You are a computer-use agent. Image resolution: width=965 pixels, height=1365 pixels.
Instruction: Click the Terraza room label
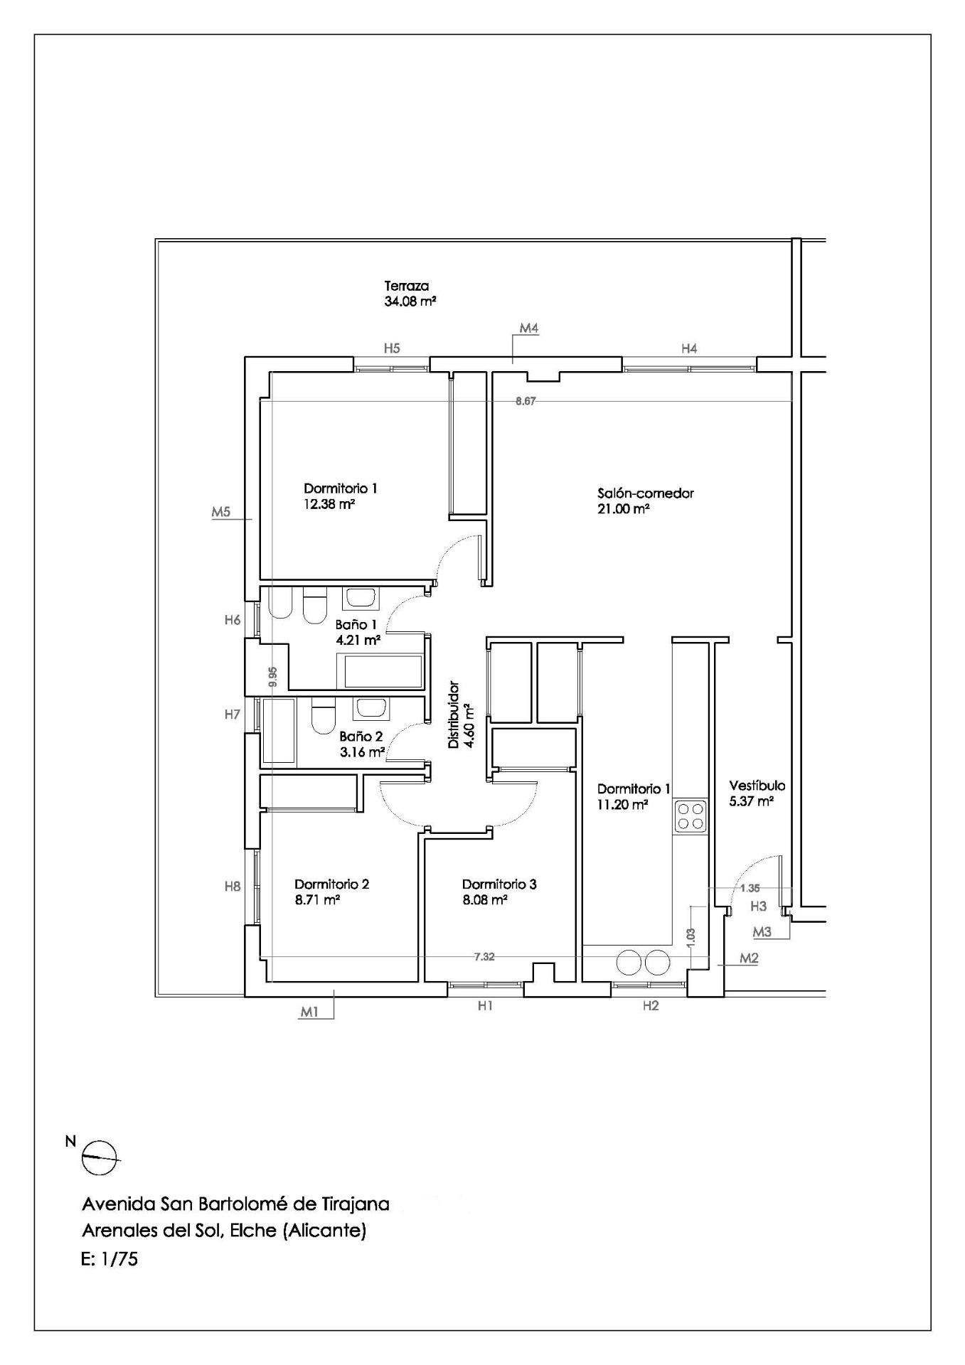coord(407,286)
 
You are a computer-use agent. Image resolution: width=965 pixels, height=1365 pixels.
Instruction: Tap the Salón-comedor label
coord(646,493)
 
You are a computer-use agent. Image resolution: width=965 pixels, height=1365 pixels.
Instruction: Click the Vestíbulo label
coord(757,786)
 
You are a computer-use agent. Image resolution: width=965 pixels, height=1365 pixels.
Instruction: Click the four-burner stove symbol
coord(691,815)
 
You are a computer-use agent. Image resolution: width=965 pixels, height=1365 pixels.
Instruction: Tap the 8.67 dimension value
coord(526,401)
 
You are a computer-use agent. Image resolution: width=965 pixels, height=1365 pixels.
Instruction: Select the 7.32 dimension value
coord(484,957)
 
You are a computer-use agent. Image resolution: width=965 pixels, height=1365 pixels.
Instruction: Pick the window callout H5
coord(392,348)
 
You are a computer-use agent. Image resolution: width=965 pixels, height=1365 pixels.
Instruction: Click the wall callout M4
coord(529,328)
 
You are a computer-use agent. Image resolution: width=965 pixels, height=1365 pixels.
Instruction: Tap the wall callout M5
coord(221,511)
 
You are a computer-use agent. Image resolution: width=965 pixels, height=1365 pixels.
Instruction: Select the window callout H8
coord(233,887)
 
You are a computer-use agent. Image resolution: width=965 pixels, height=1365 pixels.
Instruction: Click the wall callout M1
coord(309,1012)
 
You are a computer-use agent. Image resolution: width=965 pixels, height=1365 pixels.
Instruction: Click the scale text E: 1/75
coord(110,1260)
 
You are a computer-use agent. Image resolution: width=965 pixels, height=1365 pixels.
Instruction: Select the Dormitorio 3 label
coord(499,884)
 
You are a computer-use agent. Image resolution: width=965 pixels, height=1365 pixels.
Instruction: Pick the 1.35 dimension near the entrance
coord(750,888)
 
